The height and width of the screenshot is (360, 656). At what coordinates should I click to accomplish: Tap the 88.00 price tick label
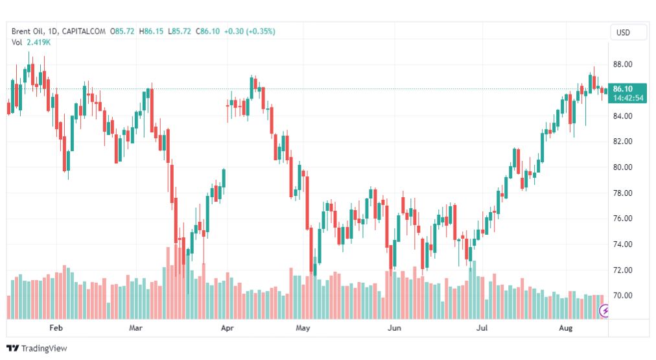tap(622, 64)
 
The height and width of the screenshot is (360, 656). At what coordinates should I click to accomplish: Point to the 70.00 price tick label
tap(622, 296)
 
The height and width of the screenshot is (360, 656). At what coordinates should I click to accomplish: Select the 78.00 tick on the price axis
tap(622, 193)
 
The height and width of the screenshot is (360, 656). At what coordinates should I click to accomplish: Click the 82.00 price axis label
tap(622, 141)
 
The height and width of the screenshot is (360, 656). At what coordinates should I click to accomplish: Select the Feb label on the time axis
tap(56, 328)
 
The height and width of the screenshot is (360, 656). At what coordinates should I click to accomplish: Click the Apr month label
tap(227, 328)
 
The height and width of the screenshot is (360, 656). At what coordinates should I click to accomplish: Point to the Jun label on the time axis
tap(393, 328)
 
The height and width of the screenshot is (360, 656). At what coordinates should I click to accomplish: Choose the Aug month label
tap(566, 328)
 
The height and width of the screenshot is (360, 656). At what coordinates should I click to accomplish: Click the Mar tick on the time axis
tap(135, 328)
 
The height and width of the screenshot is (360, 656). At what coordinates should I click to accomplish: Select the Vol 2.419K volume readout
tap(31, 42)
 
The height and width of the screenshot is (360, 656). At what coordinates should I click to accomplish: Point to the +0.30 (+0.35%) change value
tap(249, 31)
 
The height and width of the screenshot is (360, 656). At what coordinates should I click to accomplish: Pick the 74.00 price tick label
tap(622, 245)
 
